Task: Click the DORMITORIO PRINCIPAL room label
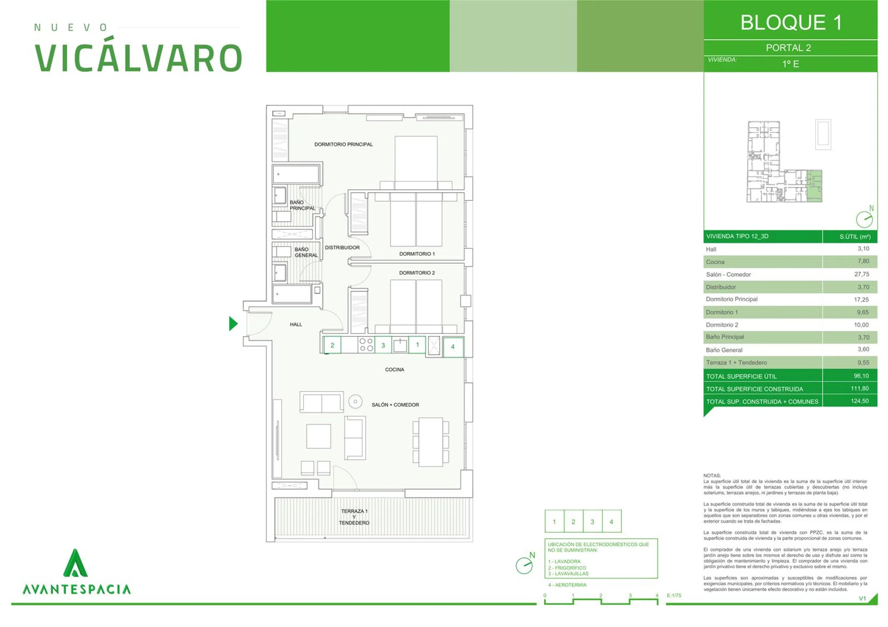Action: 343,144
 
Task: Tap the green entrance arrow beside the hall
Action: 233,324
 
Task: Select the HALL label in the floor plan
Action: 296,324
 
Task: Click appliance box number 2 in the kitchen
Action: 332,345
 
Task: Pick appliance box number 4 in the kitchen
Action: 453,347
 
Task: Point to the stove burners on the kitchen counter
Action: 366,345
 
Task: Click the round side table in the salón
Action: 355,402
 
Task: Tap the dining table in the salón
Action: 431,442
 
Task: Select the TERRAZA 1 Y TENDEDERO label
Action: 354,517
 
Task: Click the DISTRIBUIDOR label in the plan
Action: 342,247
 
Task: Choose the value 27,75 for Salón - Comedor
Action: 862,274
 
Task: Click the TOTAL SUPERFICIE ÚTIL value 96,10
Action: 861,376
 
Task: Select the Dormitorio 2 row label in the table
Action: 722,325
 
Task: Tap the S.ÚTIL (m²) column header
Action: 855,237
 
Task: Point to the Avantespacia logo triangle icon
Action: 75,563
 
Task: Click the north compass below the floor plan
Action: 525,565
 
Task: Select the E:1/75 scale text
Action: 674,595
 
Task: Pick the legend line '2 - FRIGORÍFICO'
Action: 567,568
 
